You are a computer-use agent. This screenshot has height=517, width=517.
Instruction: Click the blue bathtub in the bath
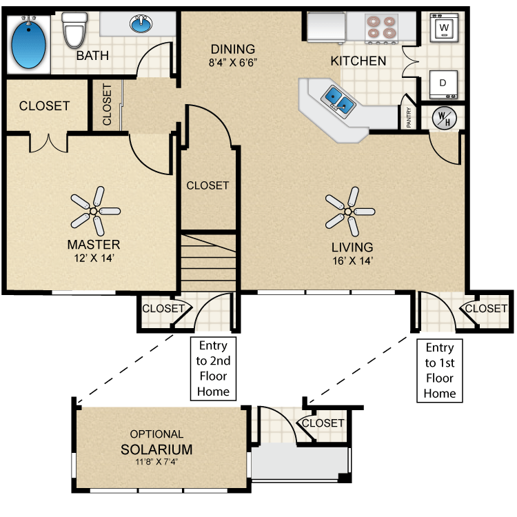(29, 43)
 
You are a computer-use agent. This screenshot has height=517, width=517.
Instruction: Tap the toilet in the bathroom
(72, 29)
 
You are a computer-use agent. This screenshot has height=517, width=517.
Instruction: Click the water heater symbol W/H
(442, 118)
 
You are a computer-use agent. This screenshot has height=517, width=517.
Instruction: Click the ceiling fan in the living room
(349, 210)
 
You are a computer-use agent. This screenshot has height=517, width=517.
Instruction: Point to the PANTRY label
(409, 118)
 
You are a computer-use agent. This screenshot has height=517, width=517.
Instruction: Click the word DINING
(233, 50)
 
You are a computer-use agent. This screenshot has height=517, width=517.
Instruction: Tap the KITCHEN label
(358, 61)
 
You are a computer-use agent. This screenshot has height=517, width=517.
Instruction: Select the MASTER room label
(94, 244)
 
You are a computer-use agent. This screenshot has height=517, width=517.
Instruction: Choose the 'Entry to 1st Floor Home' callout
(440, 370)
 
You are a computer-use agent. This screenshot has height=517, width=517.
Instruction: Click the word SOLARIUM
(156, 449)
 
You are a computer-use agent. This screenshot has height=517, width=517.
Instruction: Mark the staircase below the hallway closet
(208, 262)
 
